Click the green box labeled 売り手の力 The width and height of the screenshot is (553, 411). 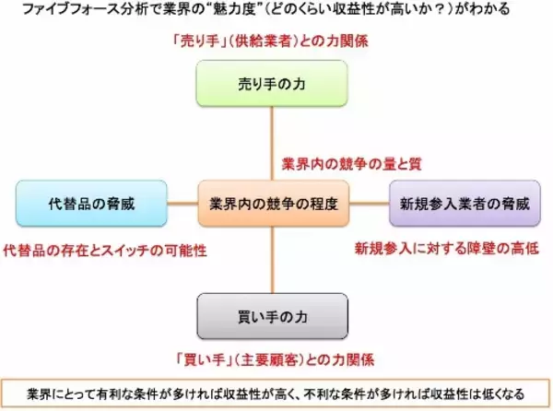pyautogui.click(x=274, y=83)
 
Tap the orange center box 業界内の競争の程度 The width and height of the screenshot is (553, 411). pyautogui.click(x=274, y=203)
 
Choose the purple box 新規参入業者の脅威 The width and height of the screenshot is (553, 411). pyautogui.click(x=459, y=203)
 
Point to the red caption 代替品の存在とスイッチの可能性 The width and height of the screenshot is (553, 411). pyautogui.click(x=105, y=250)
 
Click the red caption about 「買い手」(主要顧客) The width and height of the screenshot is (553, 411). pyautogui.click(x=275, y=358)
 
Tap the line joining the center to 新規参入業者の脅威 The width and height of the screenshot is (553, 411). pyautogui.click(x=369, y=203)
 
